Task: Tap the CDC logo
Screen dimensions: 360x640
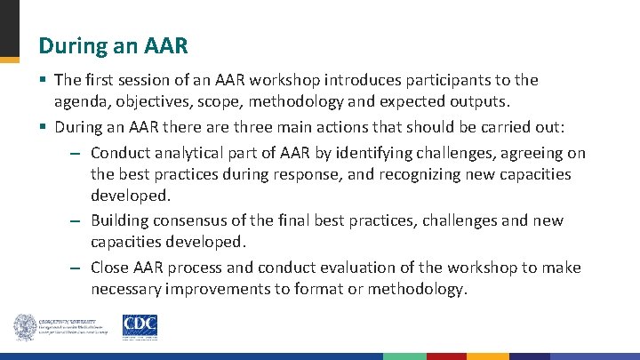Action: pos(140,326)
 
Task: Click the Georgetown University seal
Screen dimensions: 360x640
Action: pos(24,327)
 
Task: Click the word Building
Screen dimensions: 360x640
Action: pos(119,220)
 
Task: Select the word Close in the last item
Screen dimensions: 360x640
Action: pos(110,268)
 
